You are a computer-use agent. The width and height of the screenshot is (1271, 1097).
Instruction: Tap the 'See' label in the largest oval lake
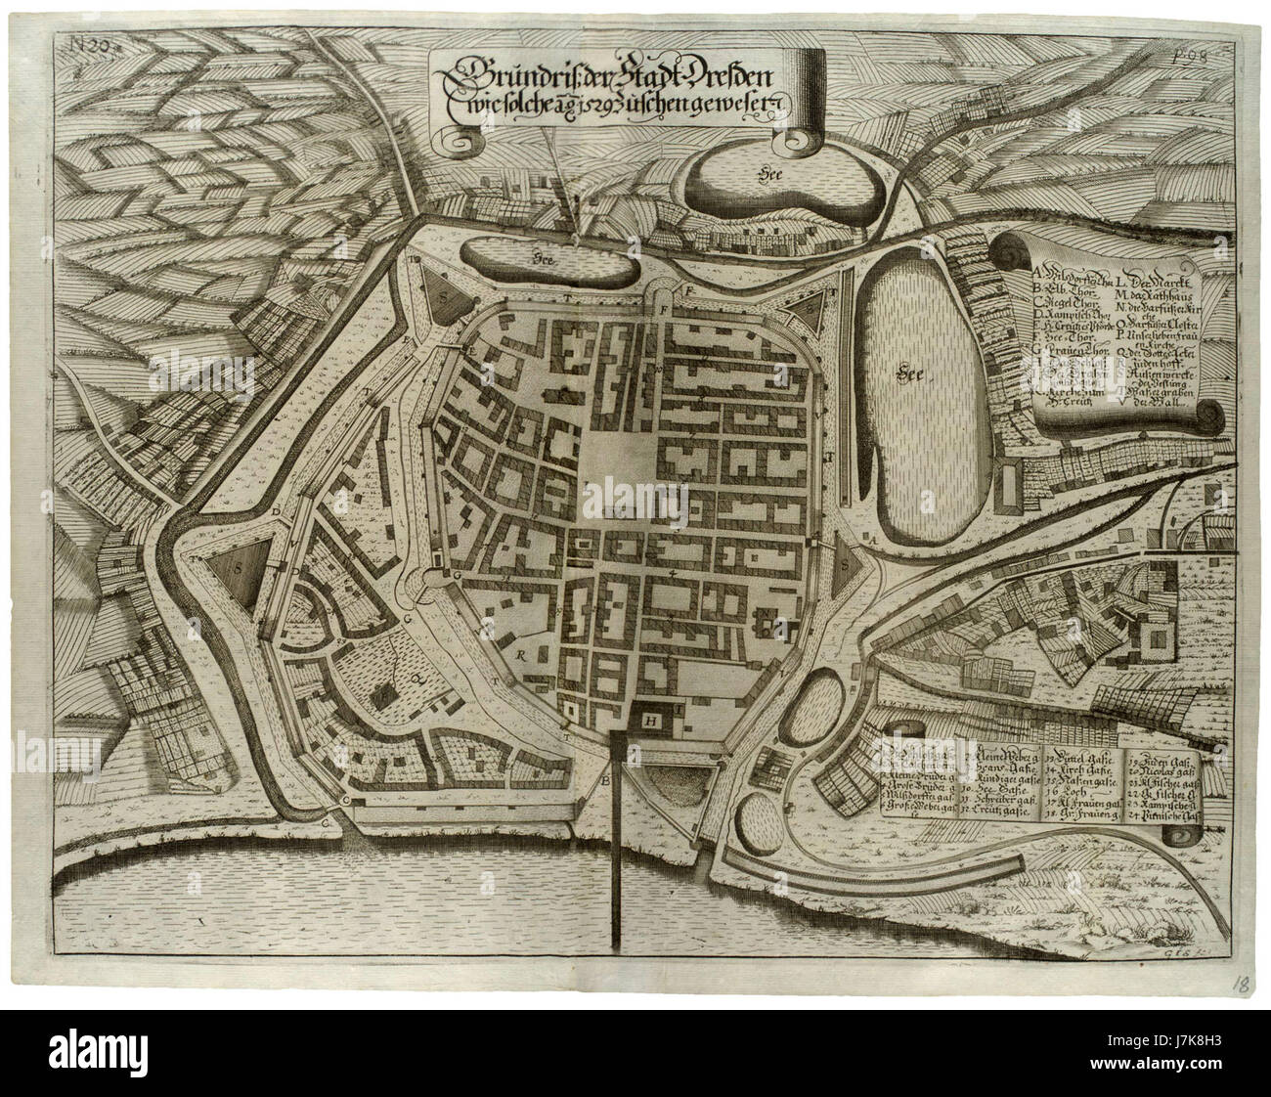pos(913,372)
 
